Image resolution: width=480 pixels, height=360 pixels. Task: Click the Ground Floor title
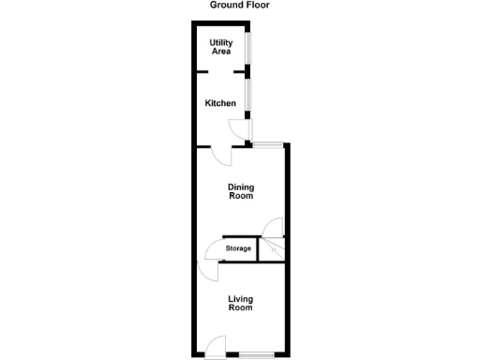[239, 6]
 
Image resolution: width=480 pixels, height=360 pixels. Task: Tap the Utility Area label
[221, 47]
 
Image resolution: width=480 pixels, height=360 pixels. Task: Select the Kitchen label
[221, 103]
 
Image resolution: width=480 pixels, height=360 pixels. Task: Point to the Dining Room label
[241, 192]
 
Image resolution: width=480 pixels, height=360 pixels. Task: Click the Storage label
[237, 248]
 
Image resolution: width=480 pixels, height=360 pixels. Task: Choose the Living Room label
[241, 304]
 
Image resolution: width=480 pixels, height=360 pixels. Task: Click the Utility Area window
[248, 47]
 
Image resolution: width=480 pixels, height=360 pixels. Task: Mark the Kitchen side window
[248, 94]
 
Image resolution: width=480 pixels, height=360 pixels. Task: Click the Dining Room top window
[268, 143]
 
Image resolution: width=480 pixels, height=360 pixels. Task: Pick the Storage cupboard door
[212, 250]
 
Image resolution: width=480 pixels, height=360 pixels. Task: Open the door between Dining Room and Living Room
[206, 273]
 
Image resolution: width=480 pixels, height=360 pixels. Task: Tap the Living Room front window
[256, 354]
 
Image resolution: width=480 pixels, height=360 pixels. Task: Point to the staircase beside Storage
[272, 249]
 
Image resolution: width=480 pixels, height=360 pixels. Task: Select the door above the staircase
[273, 228]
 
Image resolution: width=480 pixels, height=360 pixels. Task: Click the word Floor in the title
[257, 6]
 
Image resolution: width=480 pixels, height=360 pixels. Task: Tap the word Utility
[221, 42]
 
